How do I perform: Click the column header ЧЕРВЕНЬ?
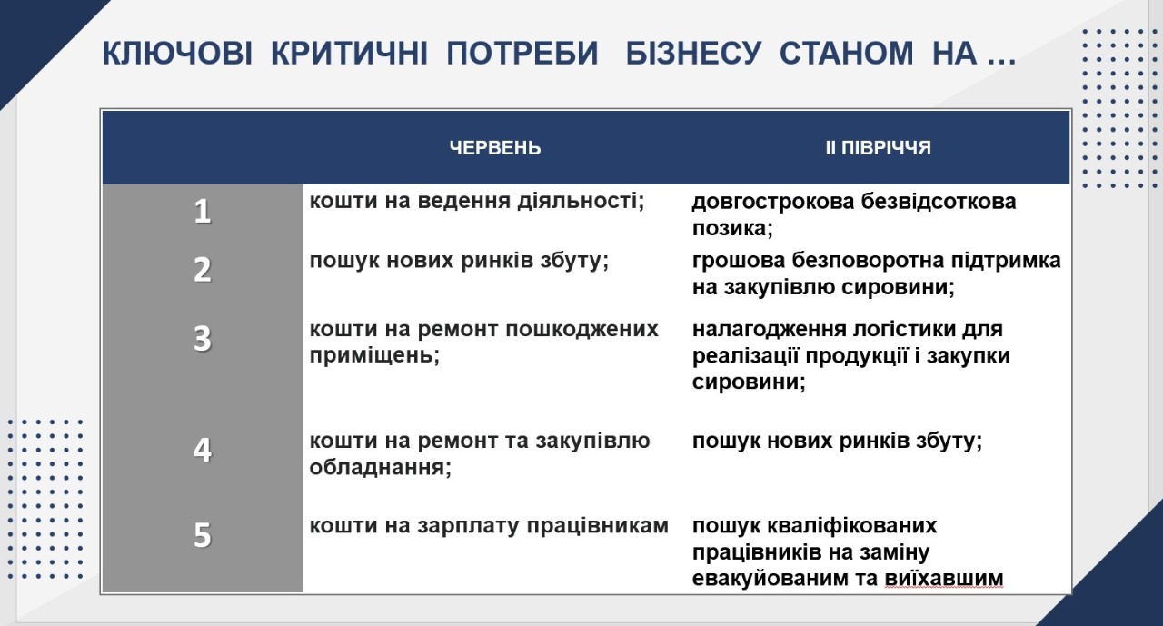click(x=495, y=148)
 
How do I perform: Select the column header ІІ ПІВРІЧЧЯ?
click(x=878, y=148)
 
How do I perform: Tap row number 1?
click(x=202, y=212)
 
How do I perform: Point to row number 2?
click(x=202, y=270)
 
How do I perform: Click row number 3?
click(x=202, y=338)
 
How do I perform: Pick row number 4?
click(x=202, y=450)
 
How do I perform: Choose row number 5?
click(x=202, y=535)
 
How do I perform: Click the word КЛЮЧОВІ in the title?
click(x=177, y=53)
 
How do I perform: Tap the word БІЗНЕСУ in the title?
click(x=693, y=53)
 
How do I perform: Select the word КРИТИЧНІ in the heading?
click(x=349, y=53)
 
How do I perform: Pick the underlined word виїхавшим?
click(x=944, y=578)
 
